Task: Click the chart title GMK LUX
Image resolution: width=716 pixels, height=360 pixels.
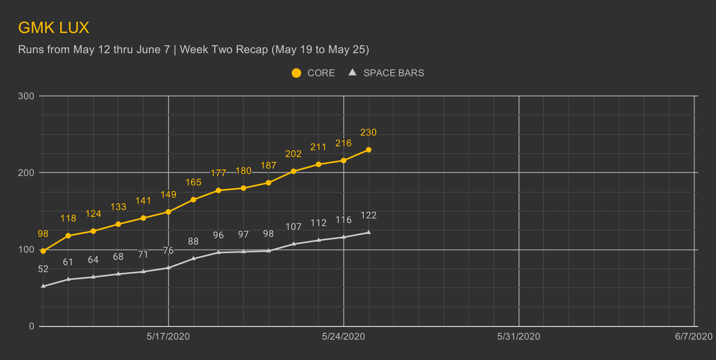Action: (53, 28)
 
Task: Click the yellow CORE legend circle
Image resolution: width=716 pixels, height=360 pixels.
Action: (296, 73)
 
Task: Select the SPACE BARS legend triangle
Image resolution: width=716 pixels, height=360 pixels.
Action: (353, 73)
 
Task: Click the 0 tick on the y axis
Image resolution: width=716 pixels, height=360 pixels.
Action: (32, 327)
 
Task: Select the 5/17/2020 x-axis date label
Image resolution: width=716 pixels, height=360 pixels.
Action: (168, 337)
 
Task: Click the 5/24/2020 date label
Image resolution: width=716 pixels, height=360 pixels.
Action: (344, 337)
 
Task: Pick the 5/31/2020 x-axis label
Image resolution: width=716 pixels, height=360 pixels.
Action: (519, 337)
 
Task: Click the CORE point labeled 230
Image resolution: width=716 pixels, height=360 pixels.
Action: (369, 150)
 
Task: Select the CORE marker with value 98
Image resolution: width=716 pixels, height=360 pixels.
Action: (43, 251)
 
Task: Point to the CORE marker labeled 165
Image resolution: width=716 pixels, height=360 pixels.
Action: (193, 200)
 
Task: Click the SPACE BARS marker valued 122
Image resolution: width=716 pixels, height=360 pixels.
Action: (369, 233)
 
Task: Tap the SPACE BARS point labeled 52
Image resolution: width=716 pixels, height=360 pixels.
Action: (43, 286)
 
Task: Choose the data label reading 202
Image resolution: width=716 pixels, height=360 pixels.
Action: (294, 154)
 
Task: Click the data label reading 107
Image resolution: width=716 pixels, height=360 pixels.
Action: (294, 227)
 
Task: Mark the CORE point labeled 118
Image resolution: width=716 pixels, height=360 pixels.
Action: (68, 236)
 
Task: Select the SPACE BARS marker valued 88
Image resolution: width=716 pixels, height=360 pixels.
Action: (193, 258)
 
